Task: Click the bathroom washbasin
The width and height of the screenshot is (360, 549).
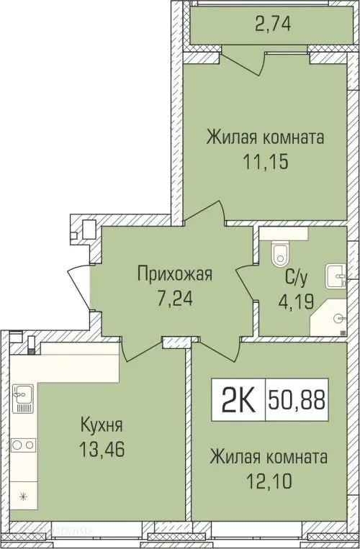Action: pos(336,275)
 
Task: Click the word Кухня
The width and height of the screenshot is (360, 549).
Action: pos(101,424)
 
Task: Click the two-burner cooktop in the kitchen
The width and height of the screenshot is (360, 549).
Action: pos(22,444)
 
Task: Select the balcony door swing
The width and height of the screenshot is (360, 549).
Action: pos(243,59)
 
